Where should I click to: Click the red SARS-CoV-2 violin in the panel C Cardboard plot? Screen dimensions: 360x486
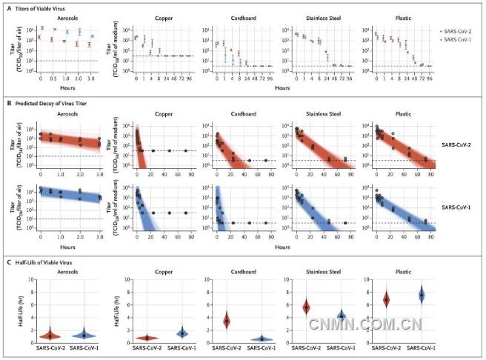(x=227, y=320)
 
